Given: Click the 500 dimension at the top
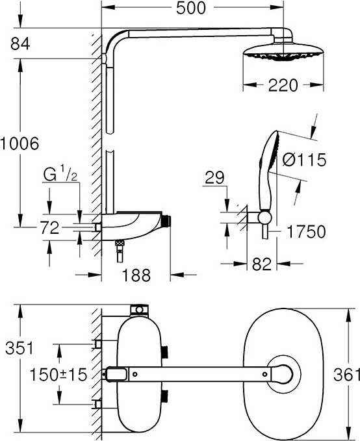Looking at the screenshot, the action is point(191,8).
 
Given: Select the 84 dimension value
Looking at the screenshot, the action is point(20,44).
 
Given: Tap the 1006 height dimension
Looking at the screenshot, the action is point(19,144).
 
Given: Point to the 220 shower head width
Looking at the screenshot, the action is point(283,85).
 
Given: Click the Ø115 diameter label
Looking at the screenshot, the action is point(304,160).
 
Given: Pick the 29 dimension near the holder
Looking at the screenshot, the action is point(214,177).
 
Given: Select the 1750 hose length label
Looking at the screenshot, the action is point(306,232).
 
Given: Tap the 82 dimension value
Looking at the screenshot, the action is point(262,264).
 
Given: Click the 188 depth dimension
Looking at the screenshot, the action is point(136,275).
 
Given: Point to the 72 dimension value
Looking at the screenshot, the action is point(49,228).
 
